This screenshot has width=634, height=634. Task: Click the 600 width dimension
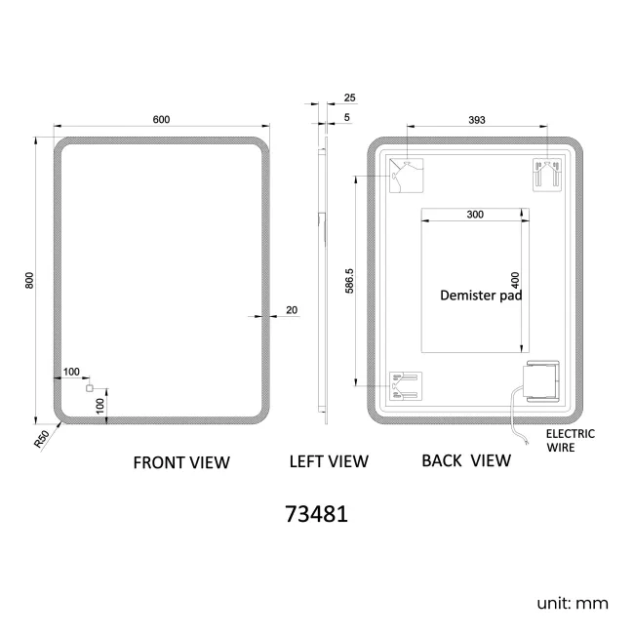[x=161, y=119]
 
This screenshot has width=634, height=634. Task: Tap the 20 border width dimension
[x=292, y=310]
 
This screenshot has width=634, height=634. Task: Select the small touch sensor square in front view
[x=91, y=389]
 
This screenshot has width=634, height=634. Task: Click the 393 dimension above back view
[x=477, y=119]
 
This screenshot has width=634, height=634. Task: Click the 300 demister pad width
[x=475, y=214]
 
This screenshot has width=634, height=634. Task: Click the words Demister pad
[x=482, y=294]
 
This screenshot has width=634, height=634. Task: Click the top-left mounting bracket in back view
[x=403, y=174]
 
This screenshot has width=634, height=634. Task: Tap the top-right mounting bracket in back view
[x=545, y=174]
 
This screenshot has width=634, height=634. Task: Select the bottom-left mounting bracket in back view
[x=403, y=384]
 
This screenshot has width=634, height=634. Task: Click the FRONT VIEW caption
[x=181, y=462]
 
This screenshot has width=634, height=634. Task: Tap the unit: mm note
[x=573, y=604]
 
